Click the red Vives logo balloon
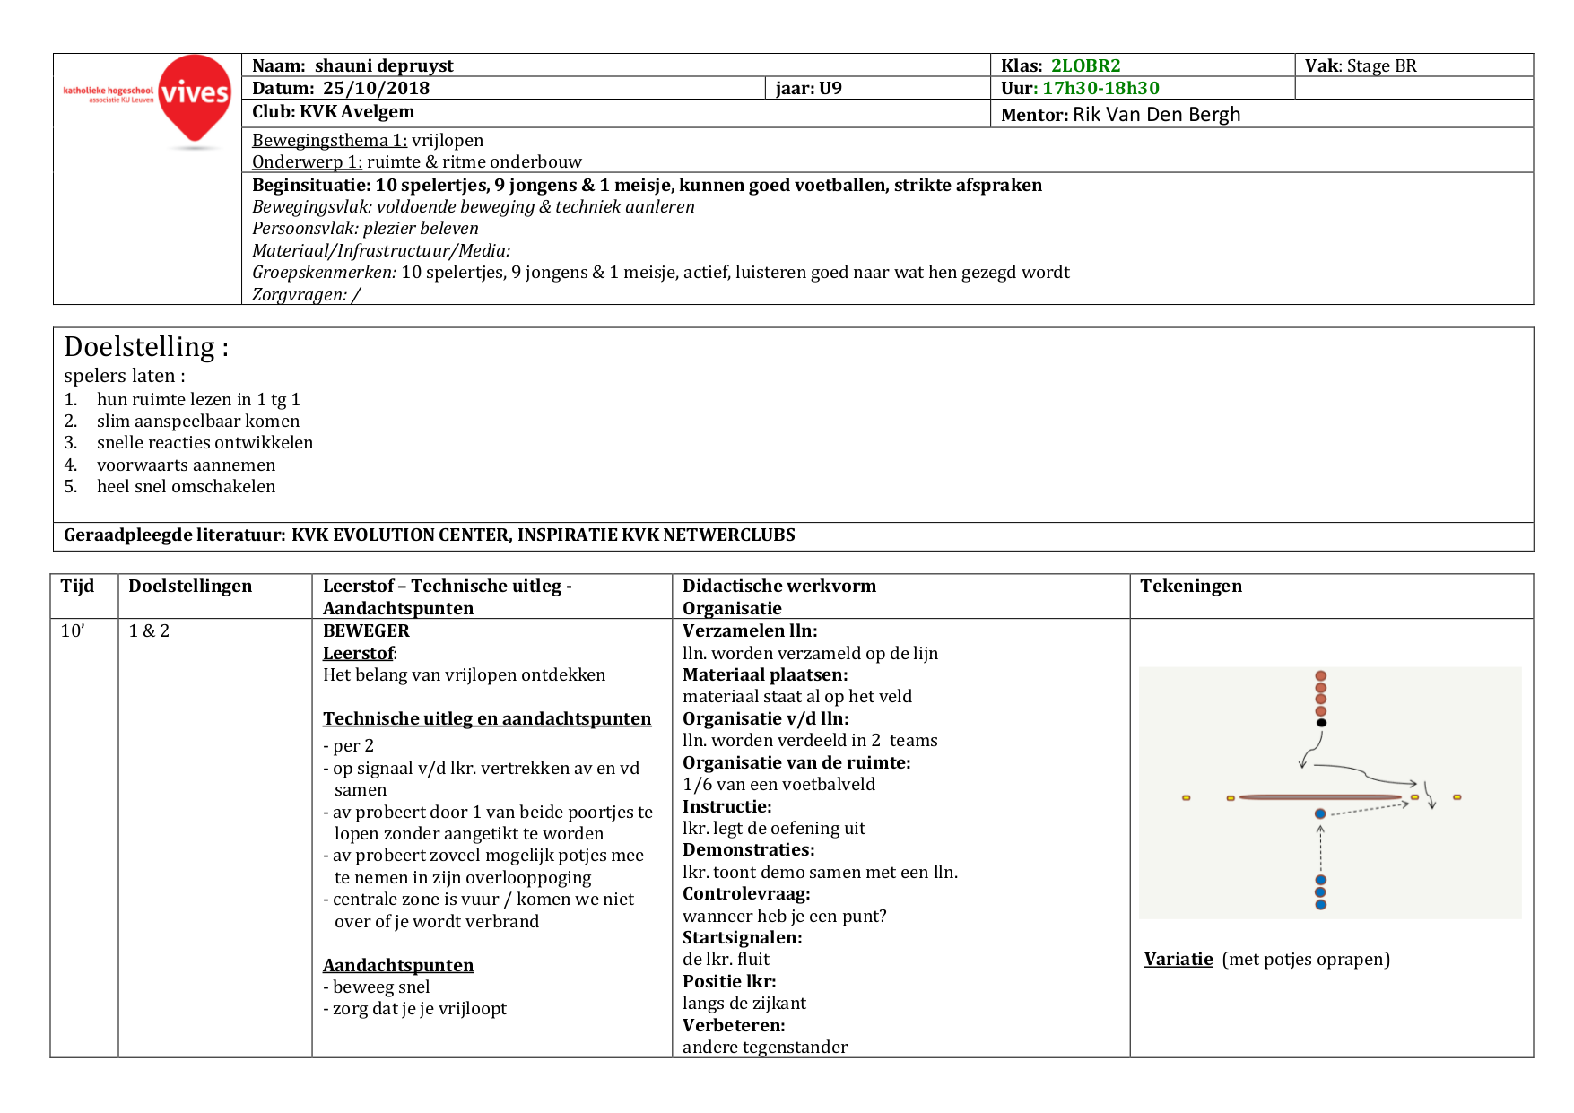click(x=194, y=97)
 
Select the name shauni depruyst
click(x=384, y=65)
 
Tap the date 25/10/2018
click(x=376, y=88)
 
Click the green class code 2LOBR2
click(x=1085, y=65)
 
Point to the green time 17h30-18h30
click(x=1100, y=88)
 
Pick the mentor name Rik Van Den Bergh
click(x=1156, y=115)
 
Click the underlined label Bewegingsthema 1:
click(x=329, y=140)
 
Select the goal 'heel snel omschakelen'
click(x=186, y=486)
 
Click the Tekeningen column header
click(x=1190, y=586)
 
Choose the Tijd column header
click(x=77, y=586)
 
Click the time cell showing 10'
click(x=73, y=630)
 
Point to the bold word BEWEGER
click(x=366, y=630)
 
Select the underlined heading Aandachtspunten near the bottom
click(x=398, y=965)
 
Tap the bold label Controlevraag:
click(x=746, y=893)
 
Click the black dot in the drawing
click(x=1321, y=723)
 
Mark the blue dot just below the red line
click(x=1320, y=813)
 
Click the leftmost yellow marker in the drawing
click(x=1186, y=797)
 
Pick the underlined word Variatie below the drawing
click(x=1178, y=959)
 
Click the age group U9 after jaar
click(x=830, y=88)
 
